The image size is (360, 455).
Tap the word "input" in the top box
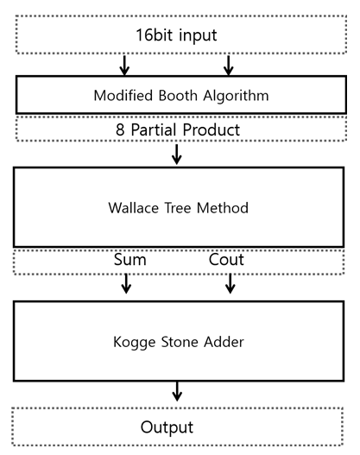[198, 36]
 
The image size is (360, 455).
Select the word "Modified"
[123, 95]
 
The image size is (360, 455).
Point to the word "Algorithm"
[236, 96]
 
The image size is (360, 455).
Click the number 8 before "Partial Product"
[120, 130]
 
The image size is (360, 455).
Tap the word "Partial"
[154, 130]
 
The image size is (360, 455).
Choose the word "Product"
[212, 130]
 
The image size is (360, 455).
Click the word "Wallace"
[134, 208]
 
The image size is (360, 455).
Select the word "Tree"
[178, 208]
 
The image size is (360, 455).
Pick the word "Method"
[223, 208]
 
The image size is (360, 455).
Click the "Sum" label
[130, 259]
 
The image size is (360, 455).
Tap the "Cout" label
[226, 259]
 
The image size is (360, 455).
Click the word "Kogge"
[134, 343]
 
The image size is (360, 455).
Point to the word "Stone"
[180, 342]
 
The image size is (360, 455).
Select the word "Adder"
[224, 342]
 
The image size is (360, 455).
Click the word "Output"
[167, 427]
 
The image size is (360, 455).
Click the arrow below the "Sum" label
[126, 283]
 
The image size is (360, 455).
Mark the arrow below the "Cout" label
[230, 283]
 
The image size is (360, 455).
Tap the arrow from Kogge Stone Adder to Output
[177, 391]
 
